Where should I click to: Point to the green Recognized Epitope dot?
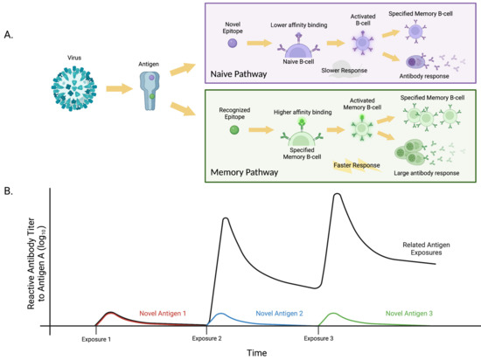click(x=234, y=130)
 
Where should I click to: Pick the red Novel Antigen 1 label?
click(x=169, y=312)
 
